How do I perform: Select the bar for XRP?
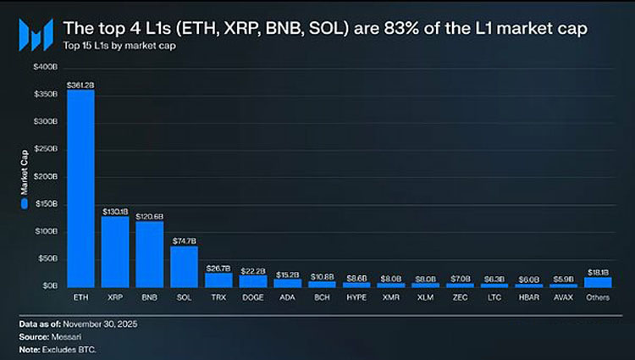(115, 252)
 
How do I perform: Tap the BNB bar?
(150, 254)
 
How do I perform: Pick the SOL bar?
(184, 266)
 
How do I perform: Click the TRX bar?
(218, 280)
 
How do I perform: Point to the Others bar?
(598, 282)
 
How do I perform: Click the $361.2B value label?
(80, 86)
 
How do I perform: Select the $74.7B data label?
(184, 241)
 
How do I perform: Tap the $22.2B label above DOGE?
(253, 269)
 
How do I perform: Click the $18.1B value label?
(598, 272)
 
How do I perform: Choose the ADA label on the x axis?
(287, 298)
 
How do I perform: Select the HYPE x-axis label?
(356, 298)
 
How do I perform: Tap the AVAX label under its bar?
(563, 298)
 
